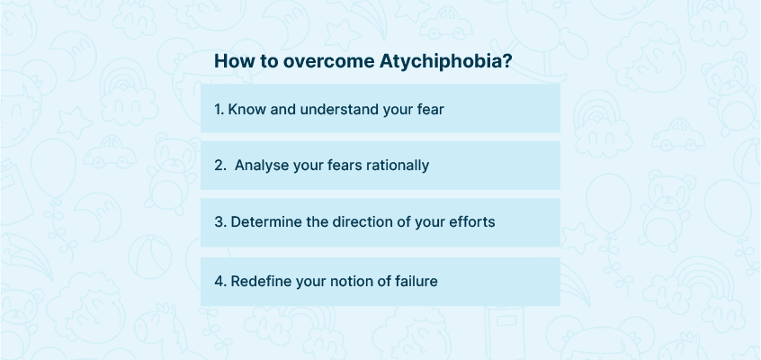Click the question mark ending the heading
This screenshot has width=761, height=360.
(507, 62)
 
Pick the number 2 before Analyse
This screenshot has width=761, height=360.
(219, 166)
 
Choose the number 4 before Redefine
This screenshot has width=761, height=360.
(219, 282)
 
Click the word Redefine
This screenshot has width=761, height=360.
(256, 282)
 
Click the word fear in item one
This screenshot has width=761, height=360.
(431, 110)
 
